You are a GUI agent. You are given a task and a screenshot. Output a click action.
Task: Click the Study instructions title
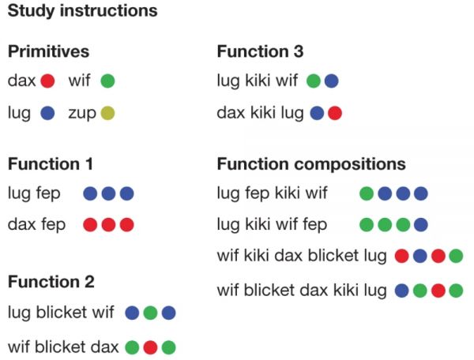(x=82, y=12)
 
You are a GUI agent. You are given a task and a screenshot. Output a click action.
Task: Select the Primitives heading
(x=48, y=51)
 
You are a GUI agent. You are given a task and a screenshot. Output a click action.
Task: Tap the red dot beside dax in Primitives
(x=47, y=81)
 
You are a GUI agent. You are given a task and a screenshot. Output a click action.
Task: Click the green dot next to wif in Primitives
(x=108, y=81)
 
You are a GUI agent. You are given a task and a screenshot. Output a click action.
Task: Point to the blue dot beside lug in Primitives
(x=47, y=114)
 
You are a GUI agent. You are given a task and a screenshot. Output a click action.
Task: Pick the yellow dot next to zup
(x=108, y=114)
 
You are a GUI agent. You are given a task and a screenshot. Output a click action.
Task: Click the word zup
(x=83, y=113)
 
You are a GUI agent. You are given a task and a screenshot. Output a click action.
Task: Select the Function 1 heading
(x=51, y=164)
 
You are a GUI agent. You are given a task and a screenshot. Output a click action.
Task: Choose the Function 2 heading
(x=51, y=281)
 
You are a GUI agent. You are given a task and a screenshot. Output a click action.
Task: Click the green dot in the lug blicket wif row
(x=150, y=313)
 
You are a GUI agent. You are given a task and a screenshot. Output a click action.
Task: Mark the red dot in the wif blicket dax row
(x=150, y=347)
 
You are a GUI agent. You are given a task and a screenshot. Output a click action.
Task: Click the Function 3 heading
(x=260, y=51)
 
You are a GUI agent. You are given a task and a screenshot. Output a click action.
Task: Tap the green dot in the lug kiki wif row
(x=313, y=81)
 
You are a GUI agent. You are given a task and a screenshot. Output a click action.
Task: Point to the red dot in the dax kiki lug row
(x=334, y=114)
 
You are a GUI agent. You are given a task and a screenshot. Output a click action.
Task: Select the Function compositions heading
(x=311, y=164)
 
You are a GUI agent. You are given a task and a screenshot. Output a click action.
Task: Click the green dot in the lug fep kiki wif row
(x=367, y=193)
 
